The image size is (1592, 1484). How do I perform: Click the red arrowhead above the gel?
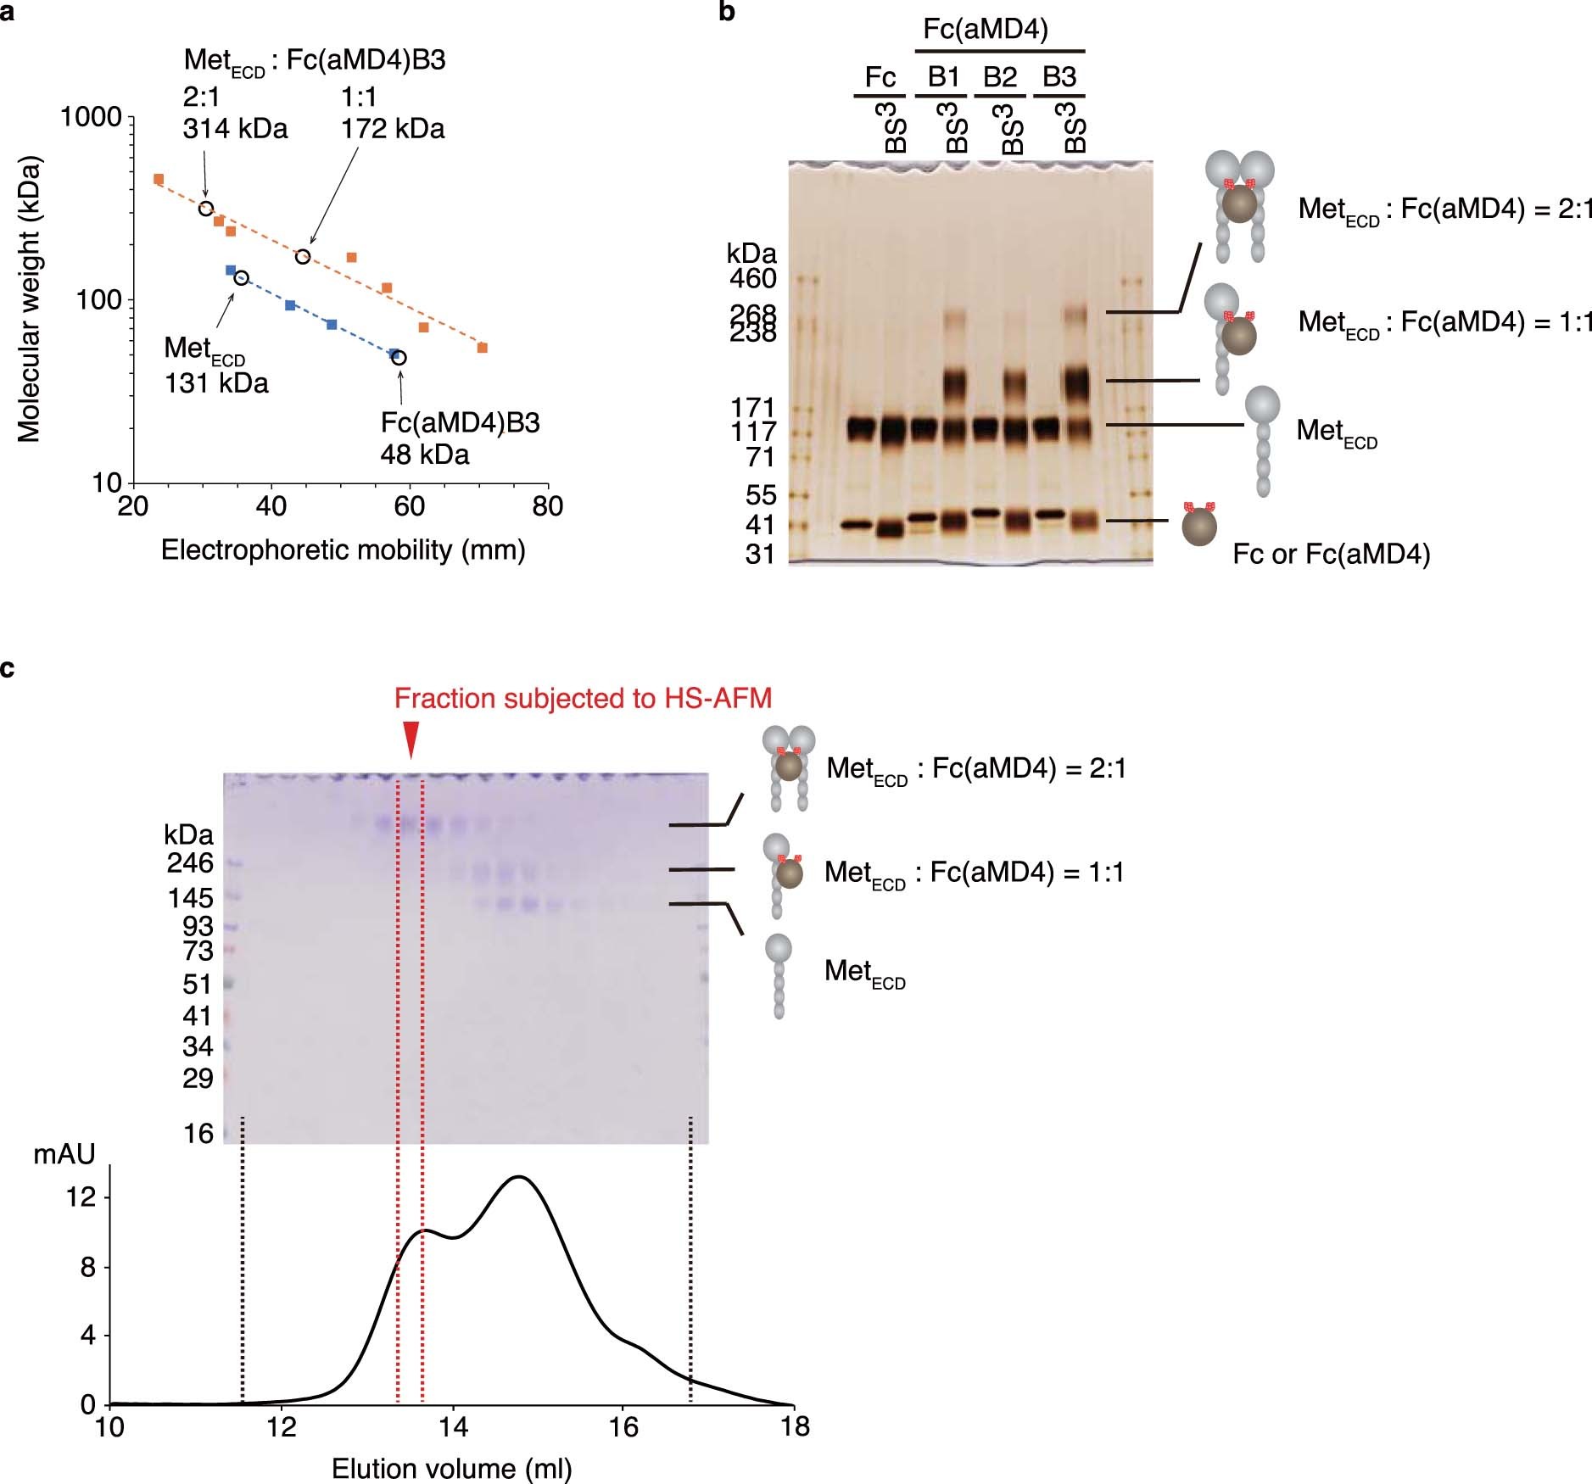tap(411, 739)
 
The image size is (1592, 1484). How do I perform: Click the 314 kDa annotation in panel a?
tap(235, 128)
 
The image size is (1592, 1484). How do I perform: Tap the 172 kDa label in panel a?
tap(393, 128)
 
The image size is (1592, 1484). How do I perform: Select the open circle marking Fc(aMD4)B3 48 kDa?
tap(399, 358)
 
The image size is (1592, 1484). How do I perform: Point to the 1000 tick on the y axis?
tap(91, 116)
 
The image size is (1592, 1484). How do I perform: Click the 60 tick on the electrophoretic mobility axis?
tap(410, 506)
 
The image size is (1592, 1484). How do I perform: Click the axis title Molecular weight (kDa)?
tap(29, 299)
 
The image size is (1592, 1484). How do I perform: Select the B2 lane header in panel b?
tap(1000, 77)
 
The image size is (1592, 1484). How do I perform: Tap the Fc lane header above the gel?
tap(880, 77)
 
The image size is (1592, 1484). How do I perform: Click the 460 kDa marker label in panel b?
tap(753, 278)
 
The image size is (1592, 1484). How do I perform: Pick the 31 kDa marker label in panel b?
tap(760, 555)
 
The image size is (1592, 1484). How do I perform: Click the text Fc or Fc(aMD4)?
tap(1331, 555)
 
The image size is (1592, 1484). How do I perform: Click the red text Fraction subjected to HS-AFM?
tap(583, 699)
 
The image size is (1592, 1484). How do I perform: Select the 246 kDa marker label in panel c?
tap(190, 863)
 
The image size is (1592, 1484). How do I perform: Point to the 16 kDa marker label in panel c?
tap(198, 1133)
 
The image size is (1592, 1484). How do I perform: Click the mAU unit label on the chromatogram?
tap(64, 1154)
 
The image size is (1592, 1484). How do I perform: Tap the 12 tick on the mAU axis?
tap(81, 1197)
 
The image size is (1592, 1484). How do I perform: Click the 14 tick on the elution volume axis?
tap(453, 1427)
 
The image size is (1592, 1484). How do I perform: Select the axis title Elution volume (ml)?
tap(451, 1469)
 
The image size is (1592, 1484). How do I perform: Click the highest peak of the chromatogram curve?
tap(518, 1177)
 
